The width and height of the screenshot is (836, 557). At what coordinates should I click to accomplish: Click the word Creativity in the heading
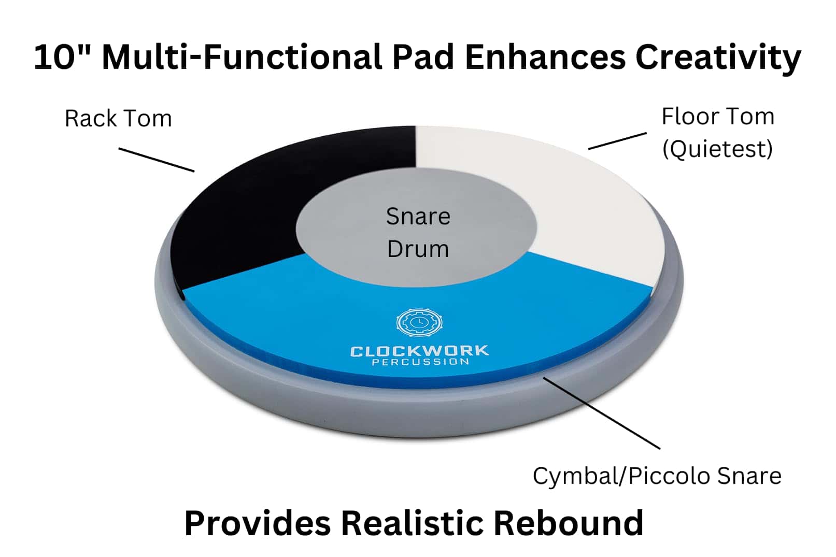(x=718, y=57)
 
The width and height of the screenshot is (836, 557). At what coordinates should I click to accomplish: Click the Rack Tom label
(x=118, y=119)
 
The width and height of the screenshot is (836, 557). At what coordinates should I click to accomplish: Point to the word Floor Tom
(x=718, y=117)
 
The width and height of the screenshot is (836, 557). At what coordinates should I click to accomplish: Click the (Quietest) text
(x=717, y=149)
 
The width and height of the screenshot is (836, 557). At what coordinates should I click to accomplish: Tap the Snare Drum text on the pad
(x=418, y=233)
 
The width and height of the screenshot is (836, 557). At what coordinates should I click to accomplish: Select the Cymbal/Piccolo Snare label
(x=657, y=476)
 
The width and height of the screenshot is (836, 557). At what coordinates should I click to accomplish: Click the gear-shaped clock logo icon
(x=419, y=323)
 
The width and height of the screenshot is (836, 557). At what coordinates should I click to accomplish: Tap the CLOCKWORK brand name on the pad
(x=419, y=351)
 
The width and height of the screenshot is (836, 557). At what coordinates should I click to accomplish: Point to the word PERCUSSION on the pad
(x=420, y=362)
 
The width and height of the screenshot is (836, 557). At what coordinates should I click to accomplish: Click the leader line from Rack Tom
(x=157, y=160)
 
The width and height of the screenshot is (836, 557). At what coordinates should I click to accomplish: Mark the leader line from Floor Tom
(x=617, y=141)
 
